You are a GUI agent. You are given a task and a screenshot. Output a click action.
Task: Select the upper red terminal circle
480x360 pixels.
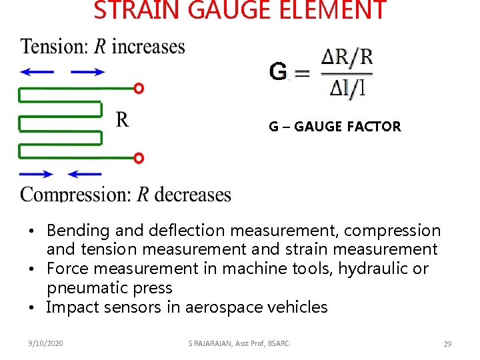pos(139,88)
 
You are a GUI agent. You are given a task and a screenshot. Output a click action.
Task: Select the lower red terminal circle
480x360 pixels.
pos(139,158)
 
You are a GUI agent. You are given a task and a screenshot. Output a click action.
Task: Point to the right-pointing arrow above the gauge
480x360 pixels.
pos(87,72)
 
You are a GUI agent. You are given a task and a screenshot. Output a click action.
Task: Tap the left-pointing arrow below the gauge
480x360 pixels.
pos(85,174)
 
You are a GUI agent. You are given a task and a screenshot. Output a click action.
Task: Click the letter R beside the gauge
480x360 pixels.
pos(123,119)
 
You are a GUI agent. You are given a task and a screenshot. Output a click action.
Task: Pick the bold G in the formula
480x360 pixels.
pos(278,71)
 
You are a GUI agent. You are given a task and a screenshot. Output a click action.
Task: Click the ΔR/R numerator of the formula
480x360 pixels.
pos(347,57)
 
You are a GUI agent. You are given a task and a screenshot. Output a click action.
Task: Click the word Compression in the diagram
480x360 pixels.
pos(75,195)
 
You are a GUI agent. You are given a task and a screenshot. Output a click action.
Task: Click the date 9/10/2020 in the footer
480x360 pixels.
pos(46,343)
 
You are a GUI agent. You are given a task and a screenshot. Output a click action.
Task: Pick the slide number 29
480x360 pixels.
pos(447,343)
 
